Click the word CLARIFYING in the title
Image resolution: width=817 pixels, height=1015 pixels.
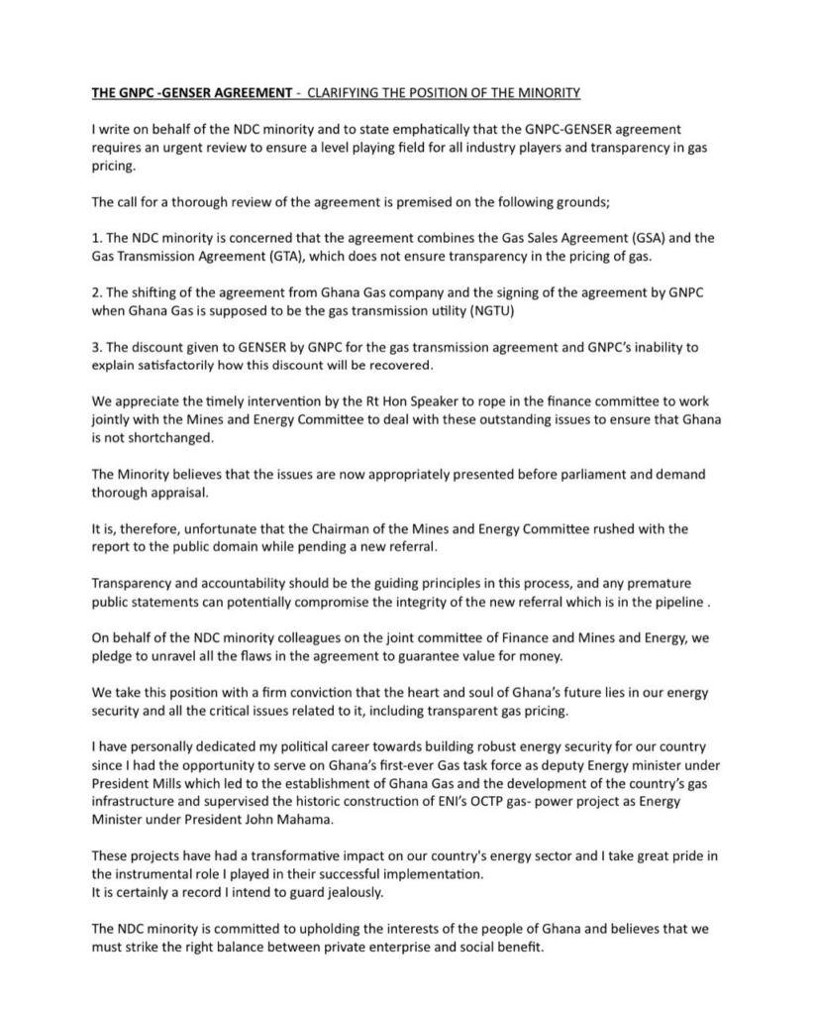coord(345,93)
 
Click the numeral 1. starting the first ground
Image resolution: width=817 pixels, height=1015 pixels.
coord(96,238)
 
